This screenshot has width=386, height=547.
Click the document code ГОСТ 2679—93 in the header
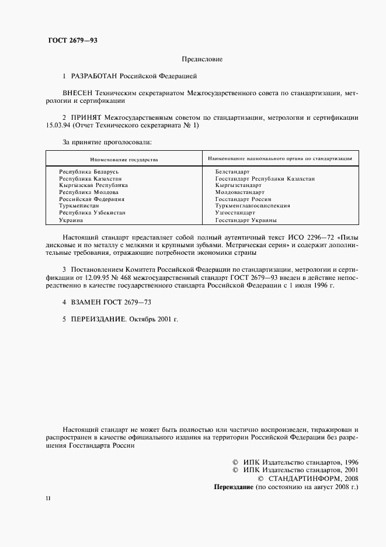[x=72, y=40]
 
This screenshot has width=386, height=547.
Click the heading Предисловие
[x=202, y=60]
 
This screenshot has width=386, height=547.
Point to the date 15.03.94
[x=60, y=125]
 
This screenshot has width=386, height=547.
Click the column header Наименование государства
[x=124, y=159]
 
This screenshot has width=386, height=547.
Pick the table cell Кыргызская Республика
[x=93, y=185]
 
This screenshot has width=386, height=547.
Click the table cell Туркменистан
[x=79, y=206]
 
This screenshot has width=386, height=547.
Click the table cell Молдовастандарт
[x=239, y=192]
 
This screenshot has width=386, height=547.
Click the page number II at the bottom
[x=48, y=498]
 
